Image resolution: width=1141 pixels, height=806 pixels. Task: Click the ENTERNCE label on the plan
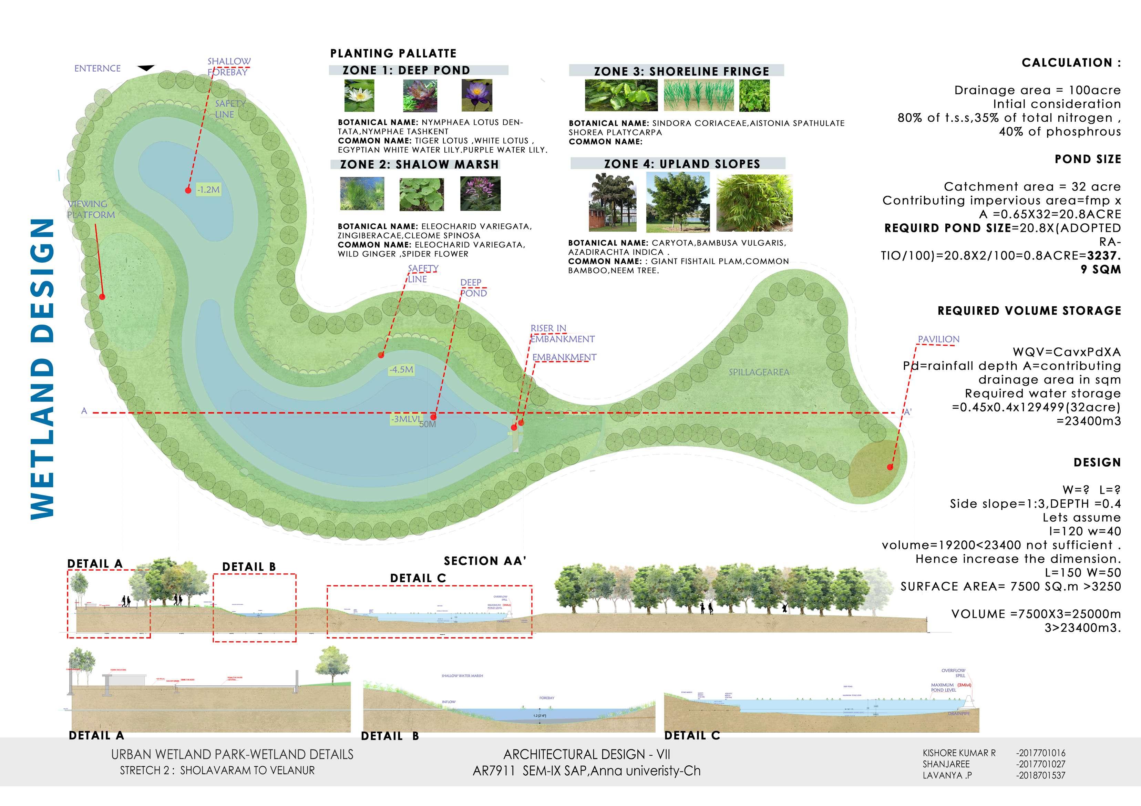coord(97,69)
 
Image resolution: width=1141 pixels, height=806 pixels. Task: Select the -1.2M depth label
coord(208,190)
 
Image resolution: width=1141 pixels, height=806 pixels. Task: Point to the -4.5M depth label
coord(401,369)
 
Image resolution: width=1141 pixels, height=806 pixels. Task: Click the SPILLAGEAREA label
coord(759,372)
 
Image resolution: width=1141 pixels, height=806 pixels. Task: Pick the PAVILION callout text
coord(938,339)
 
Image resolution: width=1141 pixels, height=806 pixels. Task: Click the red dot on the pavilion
coord(890,467)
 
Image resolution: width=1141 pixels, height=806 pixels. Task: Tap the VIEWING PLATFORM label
coord(91,209)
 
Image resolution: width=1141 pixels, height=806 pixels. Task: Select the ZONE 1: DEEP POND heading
coord(406,70)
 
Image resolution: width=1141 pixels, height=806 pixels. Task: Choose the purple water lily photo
coord(476,95)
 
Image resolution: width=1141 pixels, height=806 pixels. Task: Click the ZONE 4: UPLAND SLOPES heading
coord(682,164)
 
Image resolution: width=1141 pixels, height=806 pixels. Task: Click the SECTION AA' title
coord(484,561)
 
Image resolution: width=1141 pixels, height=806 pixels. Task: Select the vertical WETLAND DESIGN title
coord(43,369)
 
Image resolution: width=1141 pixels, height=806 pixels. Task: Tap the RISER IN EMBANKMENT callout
coord(562,334)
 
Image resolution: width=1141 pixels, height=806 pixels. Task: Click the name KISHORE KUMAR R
coord(959,753)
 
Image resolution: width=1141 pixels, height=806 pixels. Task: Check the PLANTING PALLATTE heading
coord(393,53)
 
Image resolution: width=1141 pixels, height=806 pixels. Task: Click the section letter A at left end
coord(84,411)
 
